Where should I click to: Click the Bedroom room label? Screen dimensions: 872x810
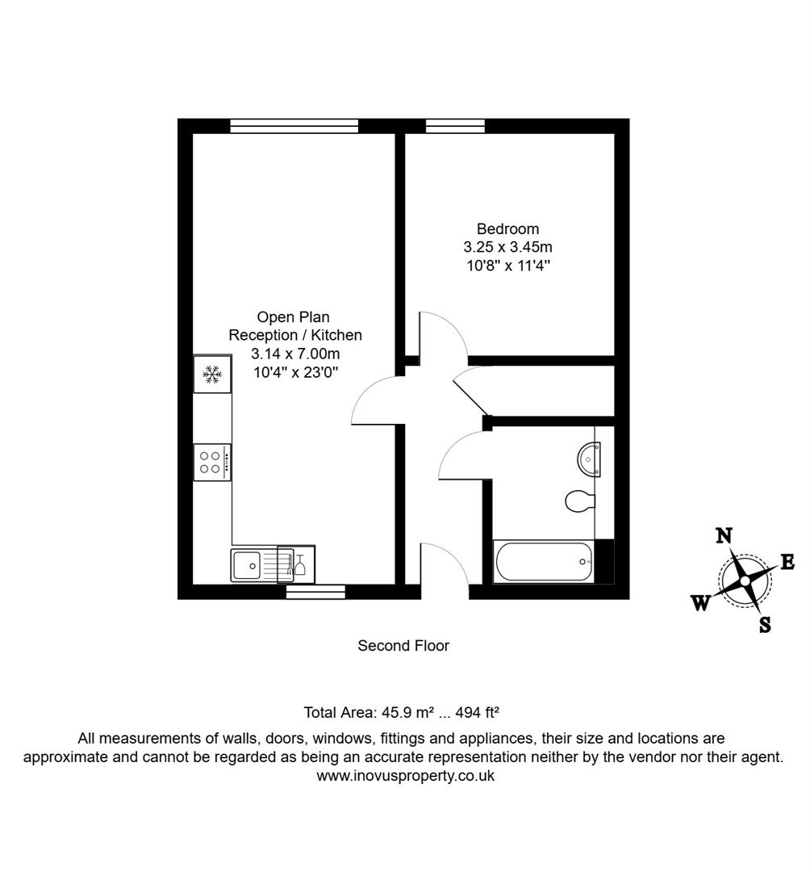coord(507,229)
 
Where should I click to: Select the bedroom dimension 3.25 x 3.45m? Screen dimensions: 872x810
coord(507,247)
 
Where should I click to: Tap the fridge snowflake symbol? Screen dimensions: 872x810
coord(212,375)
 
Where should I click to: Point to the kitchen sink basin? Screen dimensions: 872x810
coord(248,564)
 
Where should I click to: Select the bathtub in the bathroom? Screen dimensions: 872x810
coord(543,561)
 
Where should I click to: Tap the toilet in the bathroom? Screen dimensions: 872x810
coord(579,501)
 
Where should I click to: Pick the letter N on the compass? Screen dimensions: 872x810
coord(724,535)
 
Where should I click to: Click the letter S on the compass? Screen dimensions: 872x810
coord(765,623)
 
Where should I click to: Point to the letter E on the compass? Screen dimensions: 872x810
coord(787,562)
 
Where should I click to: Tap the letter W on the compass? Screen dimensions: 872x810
coord(701,602)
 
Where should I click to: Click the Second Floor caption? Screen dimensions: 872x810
coord(403,646)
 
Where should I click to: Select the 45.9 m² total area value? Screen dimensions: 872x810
coord(407,712)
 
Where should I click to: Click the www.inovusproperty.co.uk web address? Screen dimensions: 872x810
coord(405,775)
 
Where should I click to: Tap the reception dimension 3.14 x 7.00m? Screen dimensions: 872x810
coord(295,353)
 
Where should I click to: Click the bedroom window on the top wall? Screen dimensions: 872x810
coord(455,126)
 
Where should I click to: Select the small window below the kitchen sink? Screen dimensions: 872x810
coord(315,592)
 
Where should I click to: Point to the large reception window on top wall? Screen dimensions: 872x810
coord(294,126)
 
